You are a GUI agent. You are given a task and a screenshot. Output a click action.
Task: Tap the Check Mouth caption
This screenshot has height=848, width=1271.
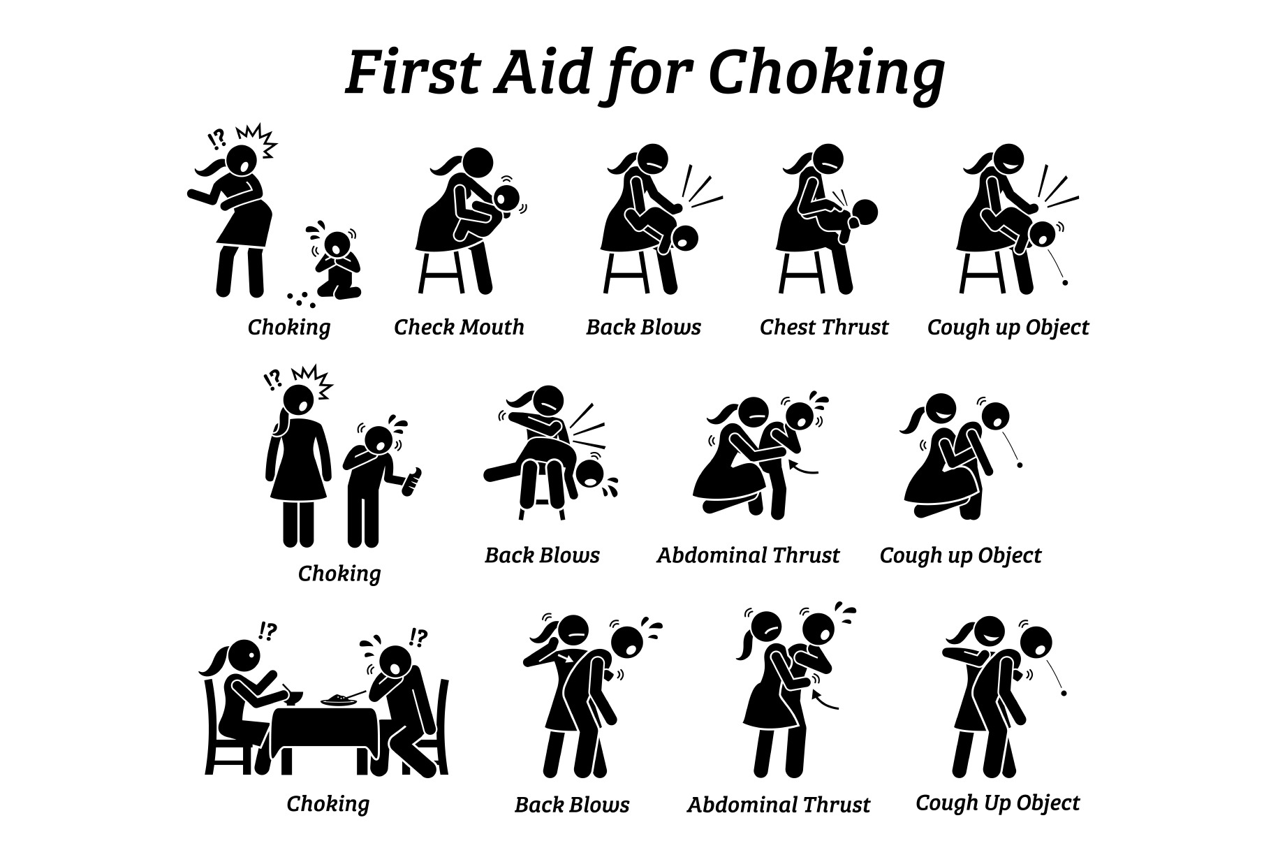459,327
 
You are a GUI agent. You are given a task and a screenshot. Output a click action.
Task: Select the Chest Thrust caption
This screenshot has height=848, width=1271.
824,327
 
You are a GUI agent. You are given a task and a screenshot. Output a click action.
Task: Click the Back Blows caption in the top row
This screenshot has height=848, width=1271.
643,327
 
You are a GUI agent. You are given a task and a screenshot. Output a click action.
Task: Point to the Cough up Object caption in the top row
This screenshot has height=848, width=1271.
1008,328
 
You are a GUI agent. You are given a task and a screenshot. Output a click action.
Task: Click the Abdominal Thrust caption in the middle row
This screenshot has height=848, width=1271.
748,555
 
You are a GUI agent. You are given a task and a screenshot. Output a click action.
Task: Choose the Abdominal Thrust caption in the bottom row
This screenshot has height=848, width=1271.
779,805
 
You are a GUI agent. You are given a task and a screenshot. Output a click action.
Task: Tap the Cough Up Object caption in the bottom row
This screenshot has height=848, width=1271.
997,803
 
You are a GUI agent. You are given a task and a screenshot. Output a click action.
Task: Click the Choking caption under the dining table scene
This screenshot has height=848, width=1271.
328,804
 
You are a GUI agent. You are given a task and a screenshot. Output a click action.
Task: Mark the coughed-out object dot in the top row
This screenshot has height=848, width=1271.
1065,283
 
